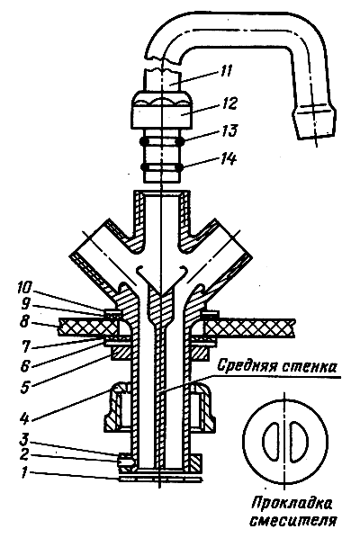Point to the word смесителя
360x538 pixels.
[292, 521]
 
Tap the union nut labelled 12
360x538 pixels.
[161, 110]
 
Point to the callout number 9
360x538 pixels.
[24, 303]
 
